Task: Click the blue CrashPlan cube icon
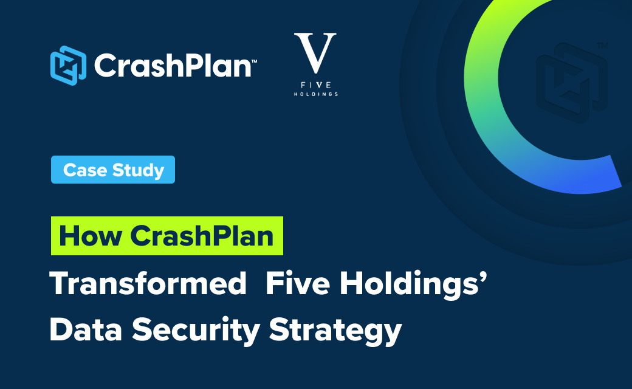pos(68,65)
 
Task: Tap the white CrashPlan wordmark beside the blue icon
pos(173,65)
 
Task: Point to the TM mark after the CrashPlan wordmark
pos(255,61)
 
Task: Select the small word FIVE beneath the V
pos(316,85)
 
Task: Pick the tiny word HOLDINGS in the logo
pos(315,94)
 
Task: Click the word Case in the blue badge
pos(85,170)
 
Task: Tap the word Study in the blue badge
pos(139,171)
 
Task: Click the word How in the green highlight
pos(91,236)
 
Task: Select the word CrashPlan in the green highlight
pos(202,236)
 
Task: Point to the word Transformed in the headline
pos(148,283)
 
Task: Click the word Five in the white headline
pos(298,283)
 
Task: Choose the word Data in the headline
pos(86,330)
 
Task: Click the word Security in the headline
pos(196,331)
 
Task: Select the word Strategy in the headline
pos(335,332)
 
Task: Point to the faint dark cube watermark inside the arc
pos(572,83)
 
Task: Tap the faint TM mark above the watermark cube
pos(602,46)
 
